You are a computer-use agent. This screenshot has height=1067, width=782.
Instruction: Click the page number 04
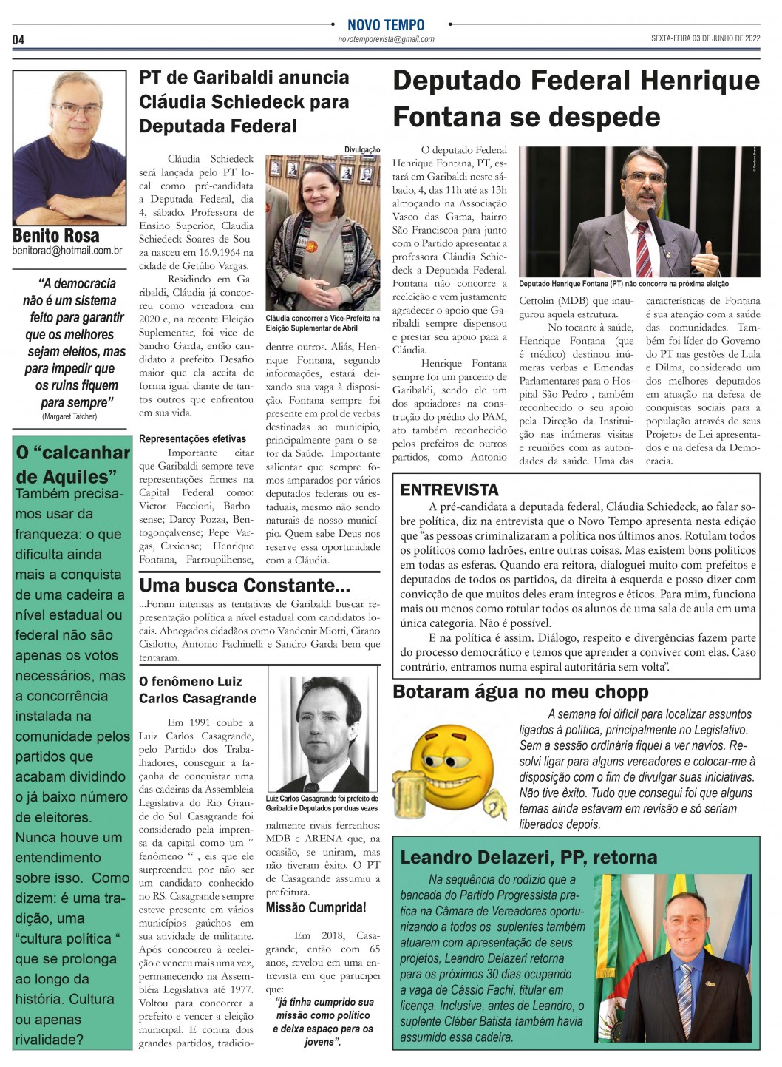click(x=18, y=39)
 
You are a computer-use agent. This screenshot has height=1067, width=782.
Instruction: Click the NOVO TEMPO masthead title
click(x=386, y=25)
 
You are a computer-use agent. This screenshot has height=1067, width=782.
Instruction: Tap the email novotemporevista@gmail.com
click(x=386, y=39)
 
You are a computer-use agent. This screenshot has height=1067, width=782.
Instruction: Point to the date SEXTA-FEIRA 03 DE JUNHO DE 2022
click(x=705, y=38)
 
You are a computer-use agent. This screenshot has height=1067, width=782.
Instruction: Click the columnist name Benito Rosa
click(x=56, y=236)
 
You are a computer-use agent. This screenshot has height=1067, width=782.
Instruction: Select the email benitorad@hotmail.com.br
click(x=67, y=251)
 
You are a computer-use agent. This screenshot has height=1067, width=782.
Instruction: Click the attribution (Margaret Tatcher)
click(x=69, y=416)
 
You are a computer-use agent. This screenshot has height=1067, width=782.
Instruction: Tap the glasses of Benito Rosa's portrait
click(x=76, y=110)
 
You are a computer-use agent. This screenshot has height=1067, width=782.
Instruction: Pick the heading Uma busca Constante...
click(x=245, y=586)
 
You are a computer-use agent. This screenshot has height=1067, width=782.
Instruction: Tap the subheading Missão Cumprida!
click(x=316, y=907)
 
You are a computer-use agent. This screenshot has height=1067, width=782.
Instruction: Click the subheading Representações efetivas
click(x=192, y=439)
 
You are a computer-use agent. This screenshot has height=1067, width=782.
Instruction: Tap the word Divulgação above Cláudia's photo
click(x=362, y=149)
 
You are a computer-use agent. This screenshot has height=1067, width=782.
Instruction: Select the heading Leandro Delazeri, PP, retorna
click(x=528, y=857)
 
